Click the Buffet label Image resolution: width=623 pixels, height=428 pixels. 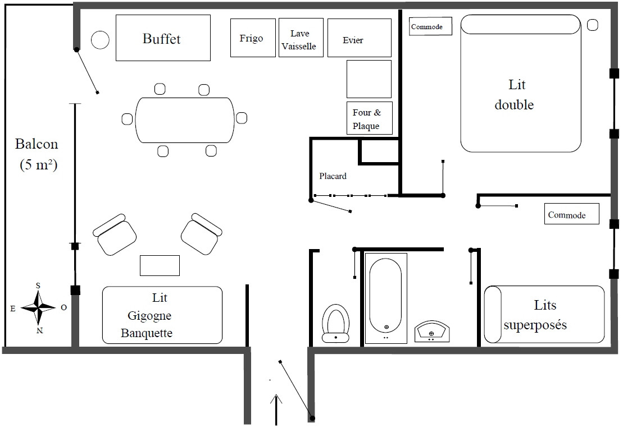click(x=162, y=39)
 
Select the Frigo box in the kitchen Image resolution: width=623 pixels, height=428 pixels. click(x=253, y=38)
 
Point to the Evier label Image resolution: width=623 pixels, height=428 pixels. click(x=353, y=40)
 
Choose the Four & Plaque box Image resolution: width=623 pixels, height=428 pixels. click(x=369, y=118)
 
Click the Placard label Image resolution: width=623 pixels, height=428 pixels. click(x=333, y=176)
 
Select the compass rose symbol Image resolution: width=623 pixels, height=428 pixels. click(x=38, y=307)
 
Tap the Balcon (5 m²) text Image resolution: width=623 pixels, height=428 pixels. click(x=37, y=154)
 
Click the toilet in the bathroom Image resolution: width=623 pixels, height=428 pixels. click(x=335, y=324)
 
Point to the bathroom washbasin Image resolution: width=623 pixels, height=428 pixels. click(x=431, y=331)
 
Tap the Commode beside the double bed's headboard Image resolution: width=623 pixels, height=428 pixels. click(x=431, y=26)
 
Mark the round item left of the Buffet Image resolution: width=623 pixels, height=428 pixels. click(x=100, y=40)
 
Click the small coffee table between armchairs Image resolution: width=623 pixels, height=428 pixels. click(x=160, y=265)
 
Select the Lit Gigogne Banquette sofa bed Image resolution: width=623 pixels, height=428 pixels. click(x=162, y=315)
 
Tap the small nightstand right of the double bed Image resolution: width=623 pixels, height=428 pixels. click(x=593, y=25)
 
